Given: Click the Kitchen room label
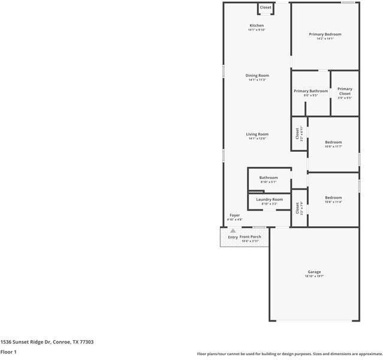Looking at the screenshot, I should coord(257,26).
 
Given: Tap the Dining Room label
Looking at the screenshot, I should coord(257,76).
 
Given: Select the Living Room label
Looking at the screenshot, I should coord(257,134).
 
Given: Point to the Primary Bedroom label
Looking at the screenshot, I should coord(325,34).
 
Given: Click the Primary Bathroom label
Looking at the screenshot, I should coord(310,91).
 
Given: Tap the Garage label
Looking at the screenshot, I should coord(314,272).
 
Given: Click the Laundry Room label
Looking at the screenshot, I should coord(269,199).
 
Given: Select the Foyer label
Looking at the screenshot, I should coord(235,215).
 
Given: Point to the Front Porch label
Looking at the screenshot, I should coord(251,237).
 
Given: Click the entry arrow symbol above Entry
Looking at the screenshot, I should coord(233,230).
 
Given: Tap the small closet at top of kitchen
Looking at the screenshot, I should coord(266,8).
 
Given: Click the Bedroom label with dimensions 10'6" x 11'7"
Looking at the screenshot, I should coord(333,142).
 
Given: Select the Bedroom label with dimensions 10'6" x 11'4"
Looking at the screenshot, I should coord(333,197).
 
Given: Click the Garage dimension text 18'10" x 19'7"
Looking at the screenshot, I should coord(314,277).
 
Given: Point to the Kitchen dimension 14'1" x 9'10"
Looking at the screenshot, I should coord(257,30).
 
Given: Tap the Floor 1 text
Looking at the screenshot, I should coord(8,352).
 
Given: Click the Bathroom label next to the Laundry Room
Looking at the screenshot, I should coord(269,178).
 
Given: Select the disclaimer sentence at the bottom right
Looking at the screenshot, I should coord(289,354).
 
